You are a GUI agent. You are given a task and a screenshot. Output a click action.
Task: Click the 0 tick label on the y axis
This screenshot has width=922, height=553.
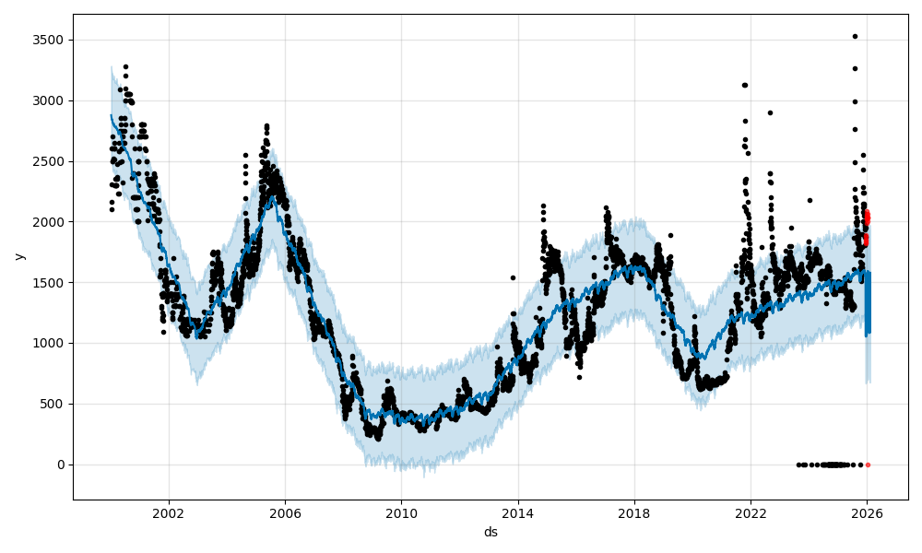(61, 465)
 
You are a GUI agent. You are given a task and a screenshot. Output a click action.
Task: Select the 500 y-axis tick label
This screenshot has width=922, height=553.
(54, 404)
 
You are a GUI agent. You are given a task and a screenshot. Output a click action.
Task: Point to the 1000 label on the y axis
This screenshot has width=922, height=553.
(51, 343)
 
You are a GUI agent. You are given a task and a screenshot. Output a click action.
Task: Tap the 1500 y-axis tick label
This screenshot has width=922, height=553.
(51, 282)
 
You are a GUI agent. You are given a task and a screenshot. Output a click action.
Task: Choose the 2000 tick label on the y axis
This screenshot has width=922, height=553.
(51, 222)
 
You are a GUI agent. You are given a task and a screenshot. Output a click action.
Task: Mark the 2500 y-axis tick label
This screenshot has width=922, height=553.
(51, 161)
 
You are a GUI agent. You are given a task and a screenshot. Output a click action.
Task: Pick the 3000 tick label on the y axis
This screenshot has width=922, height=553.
(51, 100)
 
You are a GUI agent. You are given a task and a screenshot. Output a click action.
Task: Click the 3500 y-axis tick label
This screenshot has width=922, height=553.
(51, 40)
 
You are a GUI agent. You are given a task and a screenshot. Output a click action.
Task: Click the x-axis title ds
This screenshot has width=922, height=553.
(491, 532)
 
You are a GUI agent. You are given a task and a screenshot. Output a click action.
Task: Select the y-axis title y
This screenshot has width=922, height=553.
(18, 256)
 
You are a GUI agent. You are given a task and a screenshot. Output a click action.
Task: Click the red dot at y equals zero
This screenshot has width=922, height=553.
(868, 465)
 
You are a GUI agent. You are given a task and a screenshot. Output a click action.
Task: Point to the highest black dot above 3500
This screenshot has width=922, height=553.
(855, 36)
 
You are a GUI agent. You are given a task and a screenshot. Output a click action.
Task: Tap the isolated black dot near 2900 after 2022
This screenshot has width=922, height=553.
(770, 112)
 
